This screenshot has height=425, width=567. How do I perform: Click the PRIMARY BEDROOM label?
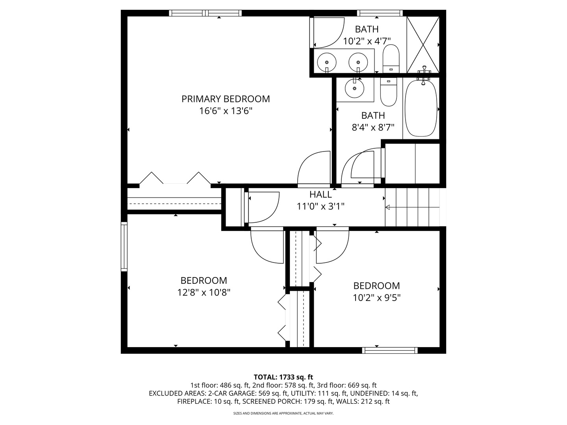[226, 99]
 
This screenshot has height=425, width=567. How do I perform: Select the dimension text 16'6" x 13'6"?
[226, 111]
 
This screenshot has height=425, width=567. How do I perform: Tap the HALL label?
[321, 194]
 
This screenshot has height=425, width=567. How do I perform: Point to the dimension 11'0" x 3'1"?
[321, 206]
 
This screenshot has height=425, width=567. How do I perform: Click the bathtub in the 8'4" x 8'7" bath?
[421, 108]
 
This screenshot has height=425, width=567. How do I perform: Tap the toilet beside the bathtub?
[388, 92]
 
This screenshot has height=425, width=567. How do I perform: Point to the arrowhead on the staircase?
[387, 207]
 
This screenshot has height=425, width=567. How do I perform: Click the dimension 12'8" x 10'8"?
[204, 293]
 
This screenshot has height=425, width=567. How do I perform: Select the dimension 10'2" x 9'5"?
[376, 298]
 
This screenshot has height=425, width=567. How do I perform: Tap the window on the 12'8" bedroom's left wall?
[124, 247]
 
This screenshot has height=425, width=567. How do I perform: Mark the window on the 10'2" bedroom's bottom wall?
[390, 350]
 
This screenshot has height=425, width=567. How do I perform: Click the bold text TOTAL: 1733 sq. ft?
[283, 377]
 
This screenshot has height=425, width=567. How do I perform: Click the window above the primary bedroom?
[206, 13]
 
